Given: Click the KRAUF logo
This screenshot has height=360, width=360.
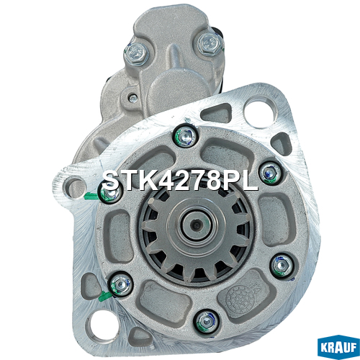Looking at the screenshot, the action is click(338, 347).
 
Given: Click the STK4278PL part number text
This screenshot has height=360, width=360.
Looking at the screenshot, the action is click(180, 181).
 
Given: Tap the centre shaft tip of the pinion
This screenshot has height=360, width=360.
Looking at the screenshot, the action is click(197, 225).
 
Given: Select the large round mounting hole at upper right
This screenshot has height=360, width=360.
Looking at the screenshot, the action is click(258, 112).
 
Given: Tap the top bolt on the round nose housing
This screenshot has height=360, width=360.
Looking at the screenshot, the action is click(186, 137).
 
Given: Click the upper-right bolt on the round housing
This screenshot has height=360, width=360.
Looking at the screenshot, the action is click(271, 173).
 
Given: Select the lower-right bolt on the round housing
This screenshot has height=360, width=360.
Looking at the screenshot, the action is click(282, 265).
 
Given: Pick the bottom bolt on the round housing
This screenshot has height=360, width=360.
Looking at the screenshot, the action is click(207, 321).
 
